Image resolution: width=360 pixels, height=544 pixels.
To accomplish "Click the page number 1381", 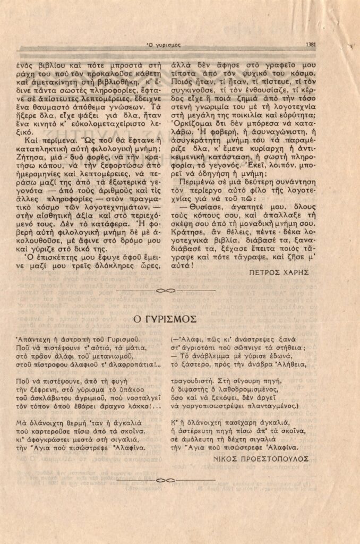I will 312,45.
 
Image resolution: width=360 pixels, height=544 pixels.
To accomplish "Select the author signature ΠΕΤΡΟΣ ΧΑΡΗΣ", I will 278,271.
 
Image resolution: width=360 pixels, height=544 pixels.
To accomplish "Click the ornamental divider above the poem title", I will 166,291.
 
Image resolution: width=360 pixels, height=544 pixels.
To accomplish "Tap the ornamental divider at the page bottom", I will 166,481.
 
